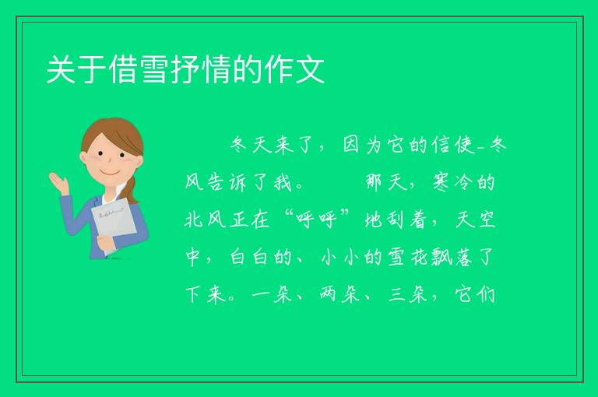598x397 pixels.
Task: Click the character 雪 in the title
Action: coord(155,69)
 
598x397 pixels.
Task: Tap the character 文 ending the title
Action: coord(310,69)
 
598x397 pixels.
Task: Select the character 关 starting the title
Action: coord(61,69)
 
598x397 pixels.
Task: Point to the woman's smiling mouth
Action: coord(111,173)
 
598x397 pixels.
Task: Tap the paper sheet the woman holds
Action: coord(114,224)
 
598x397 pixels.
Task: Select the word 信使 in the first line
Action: coord(454,145)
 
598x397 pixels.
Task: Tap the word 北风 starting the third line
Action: coord(206,220)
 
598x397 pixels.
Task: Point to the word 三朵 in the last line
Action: coord(408,295)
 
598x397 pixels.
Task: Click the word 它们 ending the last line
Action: coord(475,295)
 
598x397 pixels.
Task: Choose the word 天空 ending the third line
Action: coord(475,220)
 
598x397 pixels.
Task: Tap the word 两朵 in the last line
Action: coord(339,295)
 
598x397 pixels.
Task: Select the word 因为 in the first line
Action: coord(364,145)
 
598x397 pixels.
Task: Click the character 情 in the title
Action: coord(217,69)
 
